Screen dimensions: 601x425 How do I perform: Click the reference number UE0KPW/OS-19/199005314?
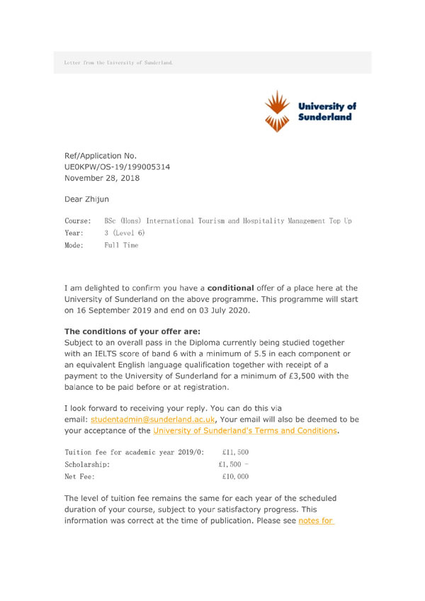coord(117,167)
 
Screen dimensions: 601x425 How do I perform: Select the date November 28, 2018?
coord(102,178)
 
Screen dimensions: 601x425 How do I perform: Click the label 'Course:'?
coord(77,221)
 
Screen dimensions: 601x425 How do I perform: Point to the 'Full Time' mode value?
coord(121,245)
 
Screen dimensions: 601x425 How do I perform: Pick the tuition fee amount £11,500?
coord(234,452)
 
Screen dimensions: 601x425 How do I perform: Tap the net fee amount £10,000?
coord(234,477)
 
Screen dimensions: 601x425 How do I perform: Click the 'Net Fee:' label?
coord(79,477)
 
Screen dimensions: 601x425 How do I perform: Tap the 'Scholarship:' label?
coord(87,464)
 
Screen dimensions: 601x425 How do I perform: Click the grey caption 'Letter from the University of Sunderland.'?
coord(118,62)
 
